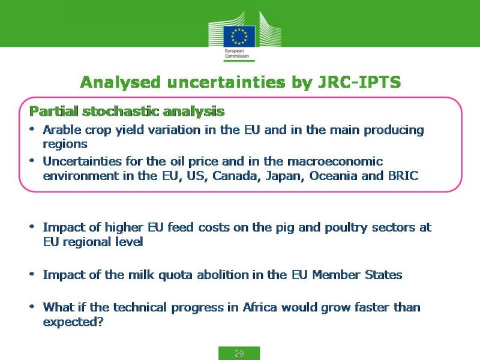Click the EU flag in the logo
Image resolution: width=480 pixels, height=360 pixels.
point(239,37)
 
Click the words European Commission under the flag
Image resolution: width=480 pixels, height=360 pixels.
point(236,53)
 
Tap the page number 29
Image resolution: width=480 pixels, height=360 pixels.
point(239,353)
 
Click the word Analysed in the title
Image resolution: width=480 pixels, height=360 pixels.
point(120,83)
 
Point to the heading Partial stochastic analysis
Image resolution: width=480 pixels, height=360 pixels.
point(127,112)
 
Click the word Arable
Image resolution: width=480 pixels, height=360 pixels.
point(62,130)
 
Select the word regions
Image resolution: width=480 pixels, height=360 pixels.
point(65,145)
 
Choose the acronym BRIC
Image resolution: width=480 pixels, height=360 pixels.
point(403,176)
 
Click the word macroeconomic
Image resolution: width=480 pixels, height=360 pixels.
point(335,161)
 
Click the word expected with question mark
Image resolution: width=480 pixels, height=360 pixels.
point(73,322)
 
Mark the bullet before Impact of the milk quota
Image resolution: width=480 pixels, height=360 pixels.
point(32,274)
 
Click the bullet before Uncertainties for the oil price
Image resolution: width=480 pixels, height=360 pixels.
point(32,160)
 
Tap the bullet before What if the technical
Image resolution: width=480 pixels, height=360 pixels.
point(32,307)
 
